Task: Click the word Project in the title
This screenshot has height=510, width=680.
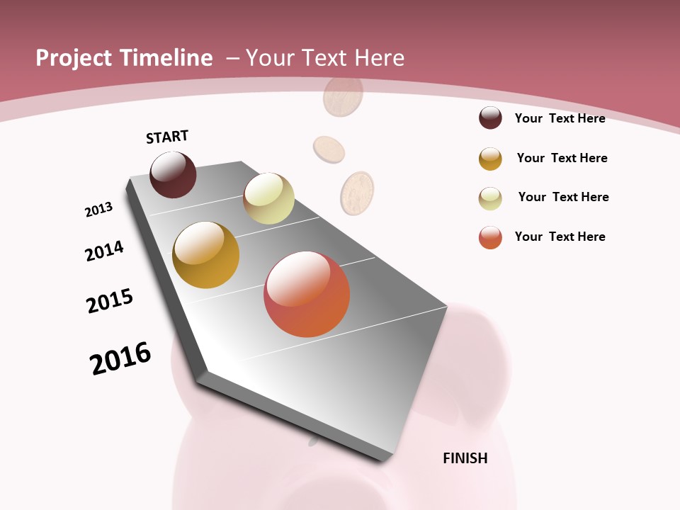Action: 71,58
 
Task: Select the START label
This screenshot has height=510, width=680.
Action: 167,137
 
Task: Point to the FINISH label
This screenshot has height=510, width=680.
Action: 465,458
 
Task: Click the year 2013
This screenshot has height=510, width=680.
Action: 99,209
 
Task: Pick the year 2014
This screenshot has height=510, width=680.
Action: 105,251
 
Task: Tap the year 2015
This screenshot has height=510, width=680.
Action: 110,301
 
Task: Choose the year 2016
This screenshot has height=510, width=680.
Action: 120,358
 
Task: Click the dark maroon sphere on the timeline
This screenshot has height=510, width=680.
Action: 173,175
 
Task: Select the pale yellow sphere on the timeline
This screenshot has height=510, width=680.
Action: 268,198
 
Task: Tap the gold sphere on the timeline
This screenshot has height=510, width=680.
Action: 205,255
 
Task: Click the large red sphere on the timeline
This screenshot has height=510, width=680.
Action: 307,294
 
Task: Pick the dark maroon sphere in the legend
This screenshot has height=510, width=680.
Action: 490,118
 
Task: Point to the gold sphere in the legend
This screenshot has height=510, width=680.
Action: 490,159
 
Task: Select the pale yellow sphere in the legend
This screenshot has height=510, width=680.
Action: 490,198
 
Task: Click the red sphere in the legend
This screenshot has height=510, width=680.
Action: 490,237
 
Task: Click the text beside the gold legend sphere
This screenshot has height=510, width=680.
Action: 562,158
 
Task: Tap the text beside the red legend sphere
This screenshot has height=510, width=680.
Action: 560,237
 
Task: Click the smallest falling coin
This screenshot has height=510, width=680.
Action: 329,149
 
